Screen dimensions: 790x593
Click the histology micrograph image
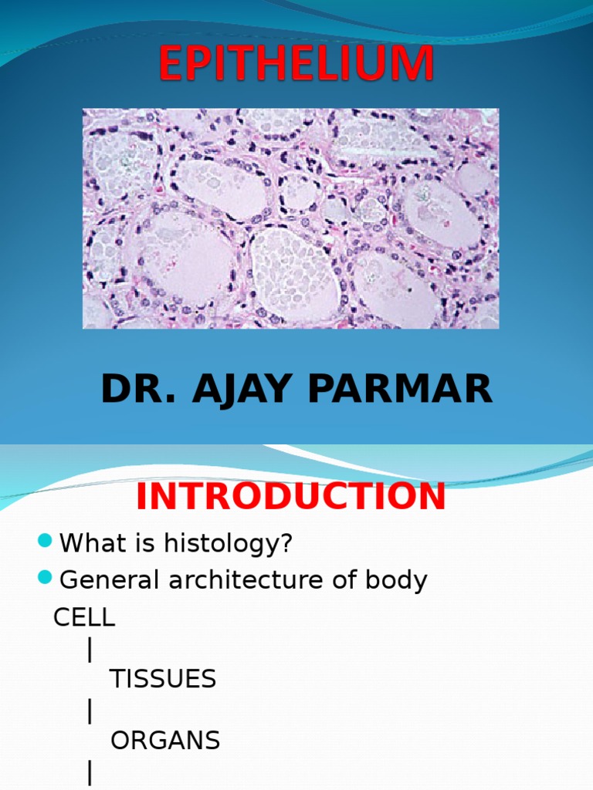coord(290,218)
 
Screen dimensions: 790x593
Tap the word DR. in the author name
coord(130,390)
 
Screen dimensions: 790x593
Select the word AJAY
coord(232,390)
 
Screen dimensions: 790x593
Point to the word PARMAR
coord(400,390)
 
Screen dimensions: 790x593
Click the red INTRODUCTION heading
coord(291,497)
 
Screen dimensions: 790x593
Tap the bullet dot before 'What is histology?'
coord(45,541)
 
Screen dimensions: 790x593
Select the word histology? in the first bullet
coord(228,544)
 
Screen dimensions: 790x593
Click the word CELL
coord(84,617)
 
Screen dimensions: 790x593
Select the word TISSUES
coord(163,680)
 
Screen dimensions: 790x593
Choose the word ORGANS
coord(165,741)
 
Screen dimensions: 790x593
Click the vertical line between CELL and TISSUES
coord(90,650)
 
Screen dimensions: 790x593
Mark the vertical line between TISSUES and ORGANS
coord(90,711)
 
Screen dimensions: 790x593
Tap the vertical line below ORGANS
coord(90,773)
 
